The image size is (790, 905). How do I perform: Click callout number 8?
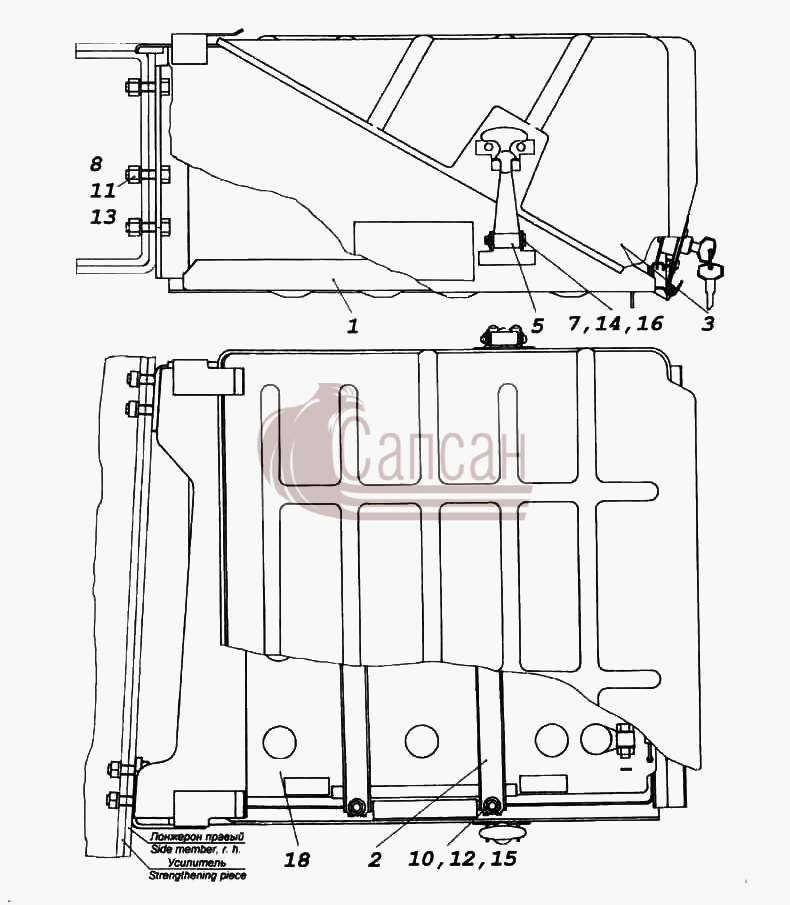pos(96,164)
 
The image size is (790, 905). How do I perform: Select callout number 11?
pos(103,190)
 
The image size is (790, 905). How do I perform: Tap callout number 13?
pos(103,217)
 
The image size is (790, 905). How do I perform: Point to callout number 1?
pos(353,327)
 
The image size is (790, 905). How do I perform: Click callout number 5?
pos(537,326)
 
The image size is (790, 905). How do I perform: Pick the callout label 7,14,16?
pos(615,323)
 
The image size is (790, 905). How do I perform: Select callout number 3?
pos(708,324)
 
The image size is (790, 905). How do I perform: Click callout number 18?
pos(297,860)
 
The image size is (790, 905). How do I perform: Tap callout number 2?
pos(375,860)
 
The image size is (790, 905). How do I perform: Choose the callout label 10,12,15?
pos(462,859)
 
